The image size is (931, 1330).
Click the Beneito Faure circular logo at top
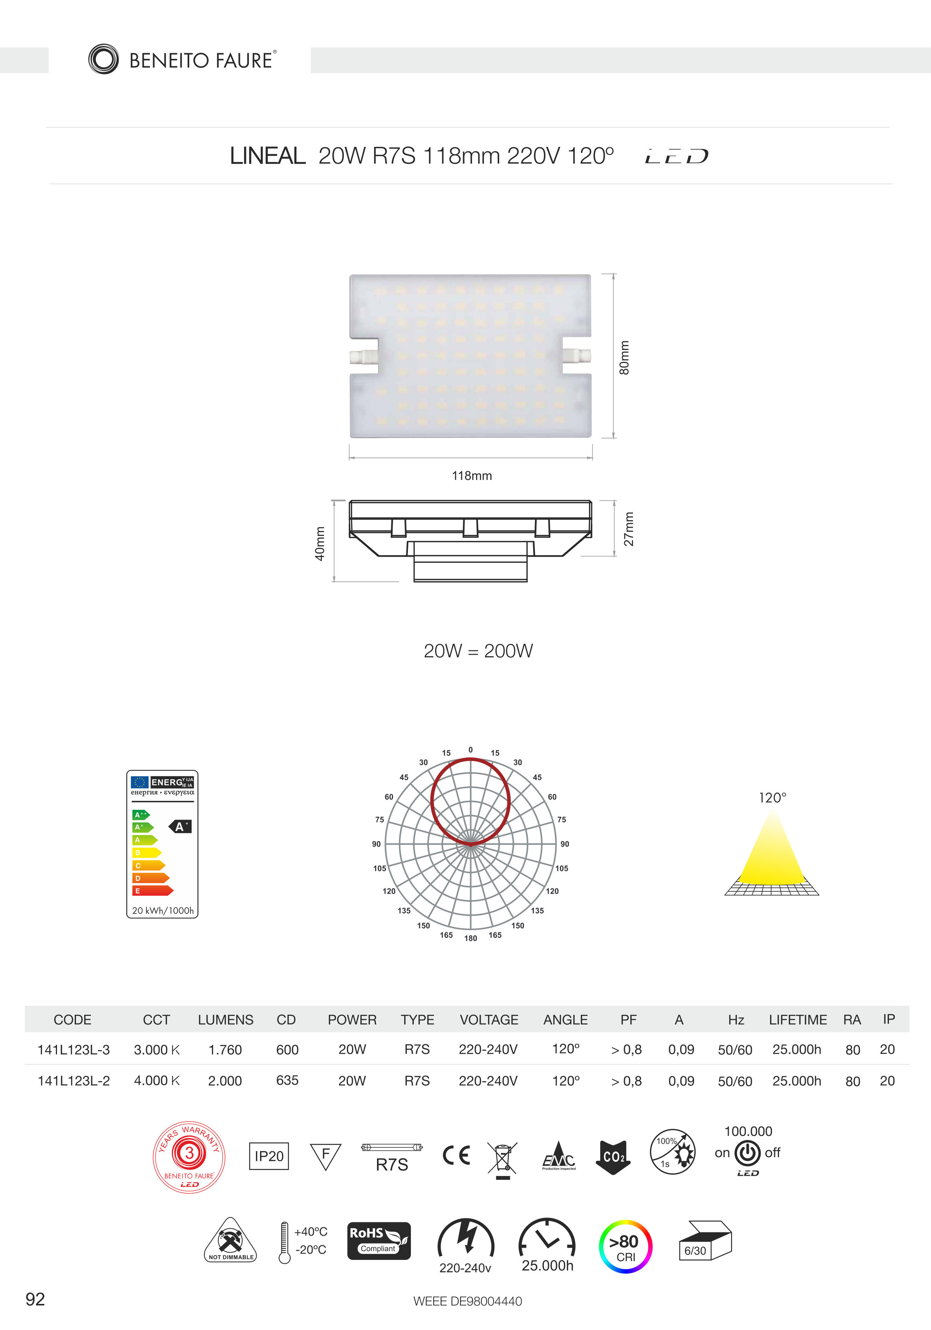[104, 59]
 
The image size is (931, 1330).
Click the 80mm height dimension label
[624, 357]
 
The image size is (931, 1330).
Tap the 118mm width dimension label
[472, 476]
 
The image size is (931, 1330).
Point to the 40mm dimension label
[320, 543]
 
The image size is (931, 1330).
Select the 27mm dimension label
[629, 529]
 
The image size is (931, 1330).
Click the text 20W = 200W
[478, 651]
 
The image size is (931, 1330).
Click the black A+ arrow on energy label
[180, 827]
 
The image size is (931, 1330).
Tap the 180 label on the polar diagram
[471, 938]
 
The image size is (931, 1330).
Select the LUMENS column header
[226, 1020]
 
